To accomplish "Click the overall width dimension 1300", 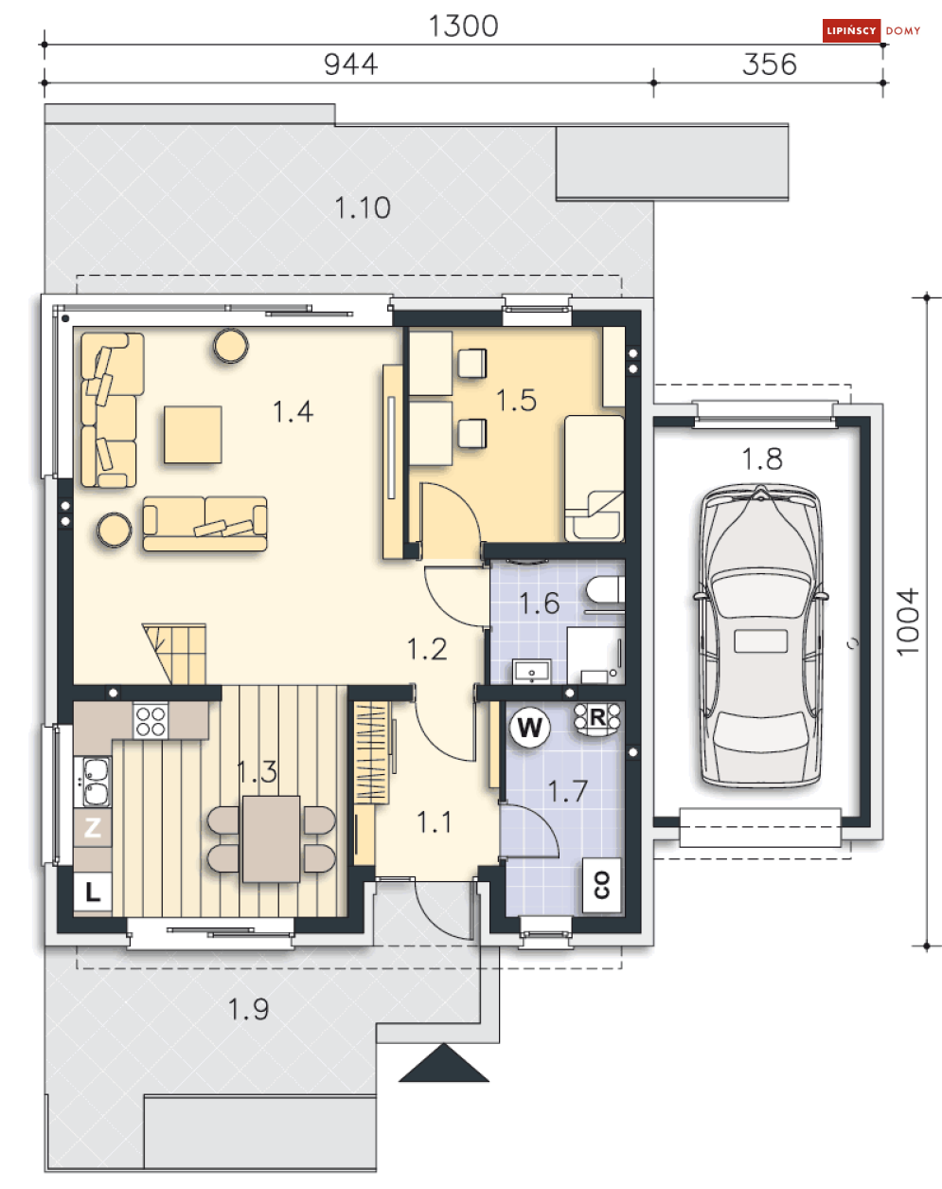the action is tap(463, 26).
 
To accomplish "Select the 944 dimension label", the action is tap(350, 64).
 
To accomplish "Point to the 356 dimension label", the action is tap(769, 64).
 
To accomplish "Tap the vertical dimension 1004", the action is tap(908, 622).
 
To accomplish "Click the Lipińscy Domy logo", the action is tap(871, 30).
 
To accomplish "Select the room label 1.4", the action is tap(293, 411).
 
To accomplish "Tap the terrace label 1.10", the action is tap(363, 207).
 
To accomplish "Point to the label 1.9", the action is tap(248, 1009).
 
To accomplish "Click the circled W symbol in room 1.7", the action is tap(529, 728).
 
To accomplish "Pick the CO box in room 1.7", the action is tap(602, 885).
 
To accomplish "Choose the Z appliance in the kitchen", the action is tap(93, 827).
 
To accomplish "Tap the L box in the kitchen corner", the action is tap(93, 892).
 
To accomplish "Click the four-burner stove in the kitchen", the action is tap(151, 720).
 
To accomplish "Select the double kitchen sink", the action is tap(96, 782).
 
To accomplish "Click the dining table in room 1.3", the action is tap(271, 838).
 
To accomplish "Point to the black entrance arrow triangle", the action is tap(444, 1062).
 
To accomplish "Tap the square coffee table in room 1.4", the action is tap(193, 435).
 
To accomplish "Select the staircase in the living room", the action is tap(175, 654).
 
